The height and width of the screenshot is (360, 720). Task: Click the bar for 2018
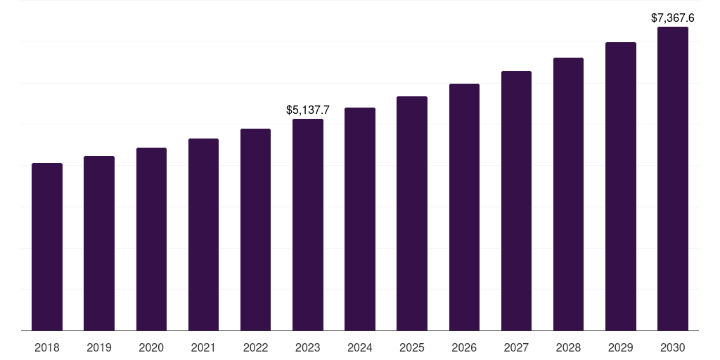pyautogui.click(x=47, y=247)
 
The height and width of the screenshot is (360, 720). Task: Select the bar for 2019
pyautogui.click(x=99, y=243)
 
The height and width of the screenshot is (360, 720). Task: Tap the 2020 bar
pyautogui.click(x=151, y=239)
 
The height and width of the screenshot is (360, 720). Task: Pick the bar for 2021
pyautogui.click(x=203, y=234)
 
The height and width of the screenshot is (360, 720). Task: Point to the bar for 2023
pyautogui.click(x=308, y=224)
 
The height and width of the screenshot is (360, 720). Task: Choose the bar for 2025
pyautogui.click(x=412, y=213)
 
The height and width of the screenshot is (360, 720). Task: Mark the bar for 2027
pyautogui.click(x=516, y=200)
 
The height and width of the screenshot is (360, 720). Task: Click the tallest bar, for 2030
pyautogui.click(x=673, y=179)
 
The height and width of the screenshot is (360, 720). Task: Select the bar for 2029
pyautogui.click(x=621, y=186)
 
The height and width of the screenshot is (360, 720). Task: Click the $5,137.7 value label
pyautogui.click(x=308, y=110)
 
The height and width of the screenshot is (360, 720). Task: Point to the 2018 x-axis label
pyautogui.click(x=47, y=347)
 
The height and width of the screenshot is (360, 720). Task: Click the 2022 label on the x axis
pyautogui.click(x=255, y=347)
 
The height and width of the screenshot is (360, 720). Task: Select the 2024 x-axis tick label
pyautogui.click(x=360, y=347)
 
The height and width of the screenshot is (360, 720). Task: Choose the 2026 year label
pyautogui.click(x=464, y=347)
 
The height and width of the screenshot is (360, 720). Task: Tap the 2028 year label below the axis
pyautogui.click(x=568, y=347)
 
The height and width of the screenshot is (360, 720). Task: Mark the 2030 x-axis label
pyautogui.click(x=673, y=347)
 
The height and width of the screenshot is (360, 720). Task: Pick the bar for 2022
pyautogui.click(x=255, y=229)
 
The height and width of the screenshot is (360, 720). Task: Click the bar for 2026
pyautogui.click(x=464, y=207)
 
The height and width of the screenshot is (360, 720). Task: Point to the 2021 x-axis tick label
pyautogui.click(x=203, y=347)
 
